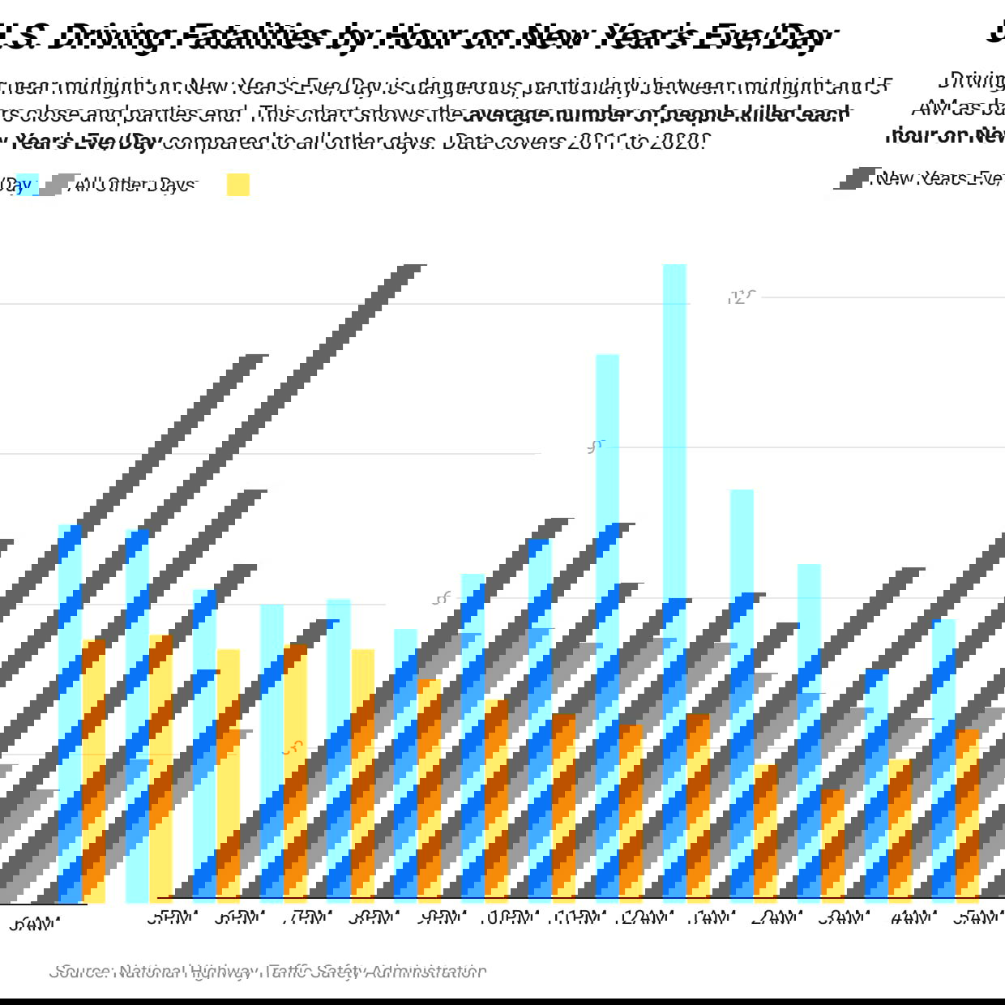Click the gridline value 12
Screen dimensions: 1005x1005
(738, 297)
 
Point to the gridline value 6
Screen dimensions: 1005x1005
(441, 598)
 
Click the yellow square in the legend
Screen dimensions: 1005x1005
(238, 185)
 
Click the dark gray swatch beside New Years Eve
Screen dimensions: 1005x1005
(853, 178)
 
